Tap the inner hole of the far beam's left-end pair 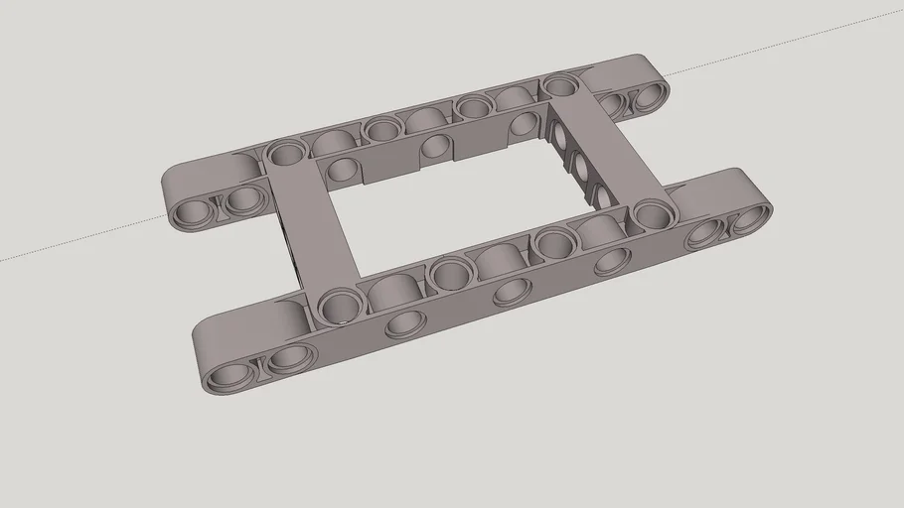[x=241, y=201]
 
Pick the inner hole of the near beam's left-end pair [x=288, y=358]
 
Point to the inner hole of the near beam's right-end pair [x=706, y=233]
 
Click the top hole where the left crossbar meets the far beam [x=288, y=153]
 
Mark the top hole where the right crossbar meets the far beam [x=561, y=86]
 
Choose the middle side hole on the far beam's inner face [x=435, y=149]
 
